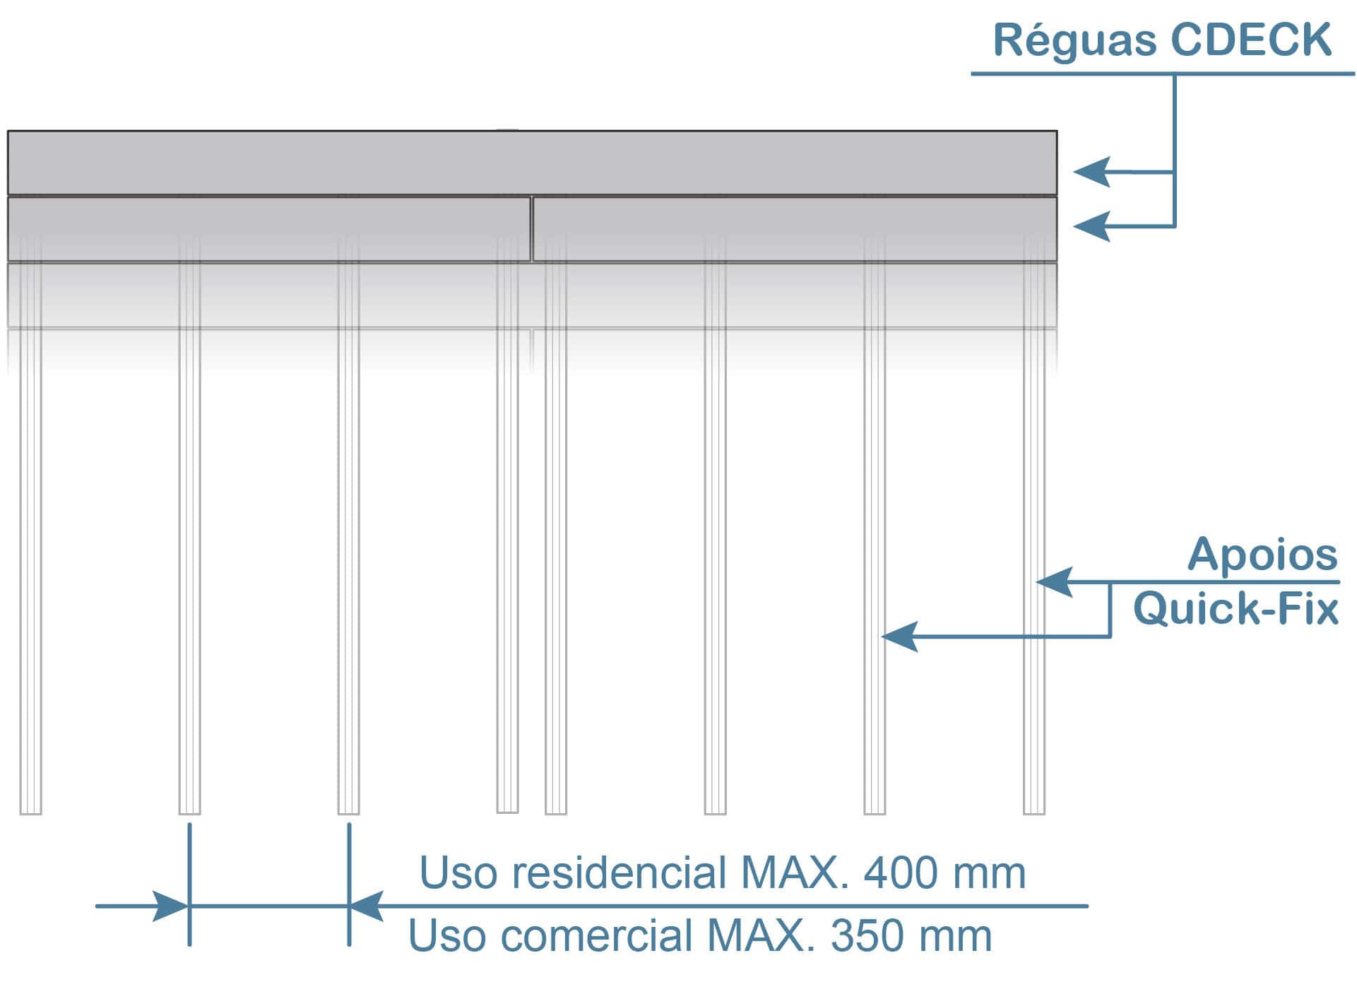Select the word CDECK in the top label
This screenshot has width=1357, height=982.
click(1251, 40)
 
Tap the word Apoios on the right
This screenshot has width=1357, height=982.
click(1262, 555)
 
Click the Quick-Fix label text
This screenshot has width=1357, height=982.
click(1235, 609)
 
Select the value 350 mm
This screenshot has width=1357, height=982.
click(911, 936)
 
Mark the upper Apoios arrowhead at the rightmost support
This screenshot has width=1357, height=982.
click(1054, 582)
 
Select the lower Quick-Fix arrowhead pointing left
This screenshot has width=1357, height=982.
click(899, 637)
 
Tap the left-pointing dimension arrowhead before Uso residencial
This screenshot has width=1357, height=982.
click(366, 906)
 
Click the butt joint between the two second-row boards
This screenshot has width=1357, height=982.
click(531, 229)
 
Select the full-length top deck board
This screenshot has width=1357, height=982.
click(531, 162)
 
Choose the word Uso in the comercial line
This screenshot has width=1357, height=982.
click(446, 936)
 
